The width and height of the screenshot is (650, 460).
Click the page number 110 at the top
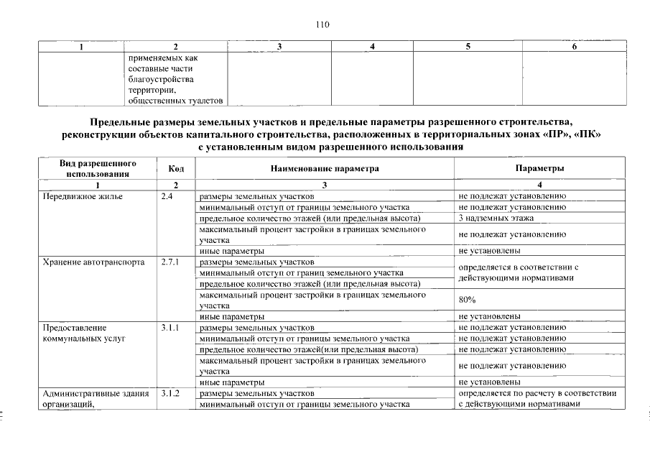(x=322, y=24)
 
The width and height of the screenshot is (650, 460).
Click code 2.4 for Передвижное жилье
(x=168, y=195)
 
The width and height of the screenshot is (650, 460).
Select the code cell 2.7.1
(x=170, y=262)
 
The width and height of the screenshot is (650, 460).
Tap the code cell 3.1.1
(x=170, y=327)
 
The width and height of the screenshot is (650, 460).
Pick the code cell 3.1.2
(x=170, y=393)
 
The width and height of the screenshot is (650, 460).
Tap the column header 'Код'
(x=176, y=168)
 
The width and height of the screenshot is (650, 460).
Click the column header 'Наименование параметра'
(x=324, y=168)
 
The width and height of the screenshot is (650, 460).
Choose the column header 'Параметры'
(x=539, y=168)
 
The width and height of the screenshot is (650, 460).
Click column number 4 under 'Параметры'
(x=539, y=185)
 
